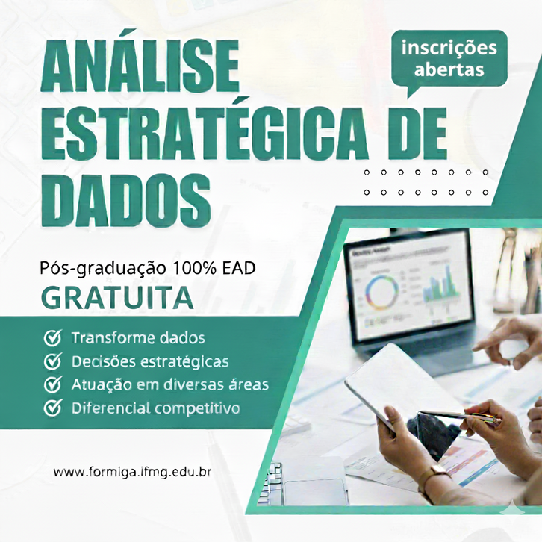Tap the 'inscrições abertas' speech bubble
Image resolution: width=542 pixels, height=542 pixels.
(449, 59)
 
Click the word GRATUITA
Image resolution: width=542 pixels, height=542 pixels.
(117, 297)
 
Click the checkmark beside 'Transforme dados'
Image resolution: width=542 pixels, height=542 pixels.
(52, 338)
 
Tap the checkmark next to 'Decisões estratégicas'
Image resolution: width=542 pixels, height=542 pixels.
(52, 361)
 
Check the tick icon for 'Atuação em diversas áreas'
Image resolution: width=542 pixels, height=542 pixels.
(52, 384)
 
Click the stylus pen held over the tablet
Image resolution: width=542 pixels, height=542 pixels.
(459, 416)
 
